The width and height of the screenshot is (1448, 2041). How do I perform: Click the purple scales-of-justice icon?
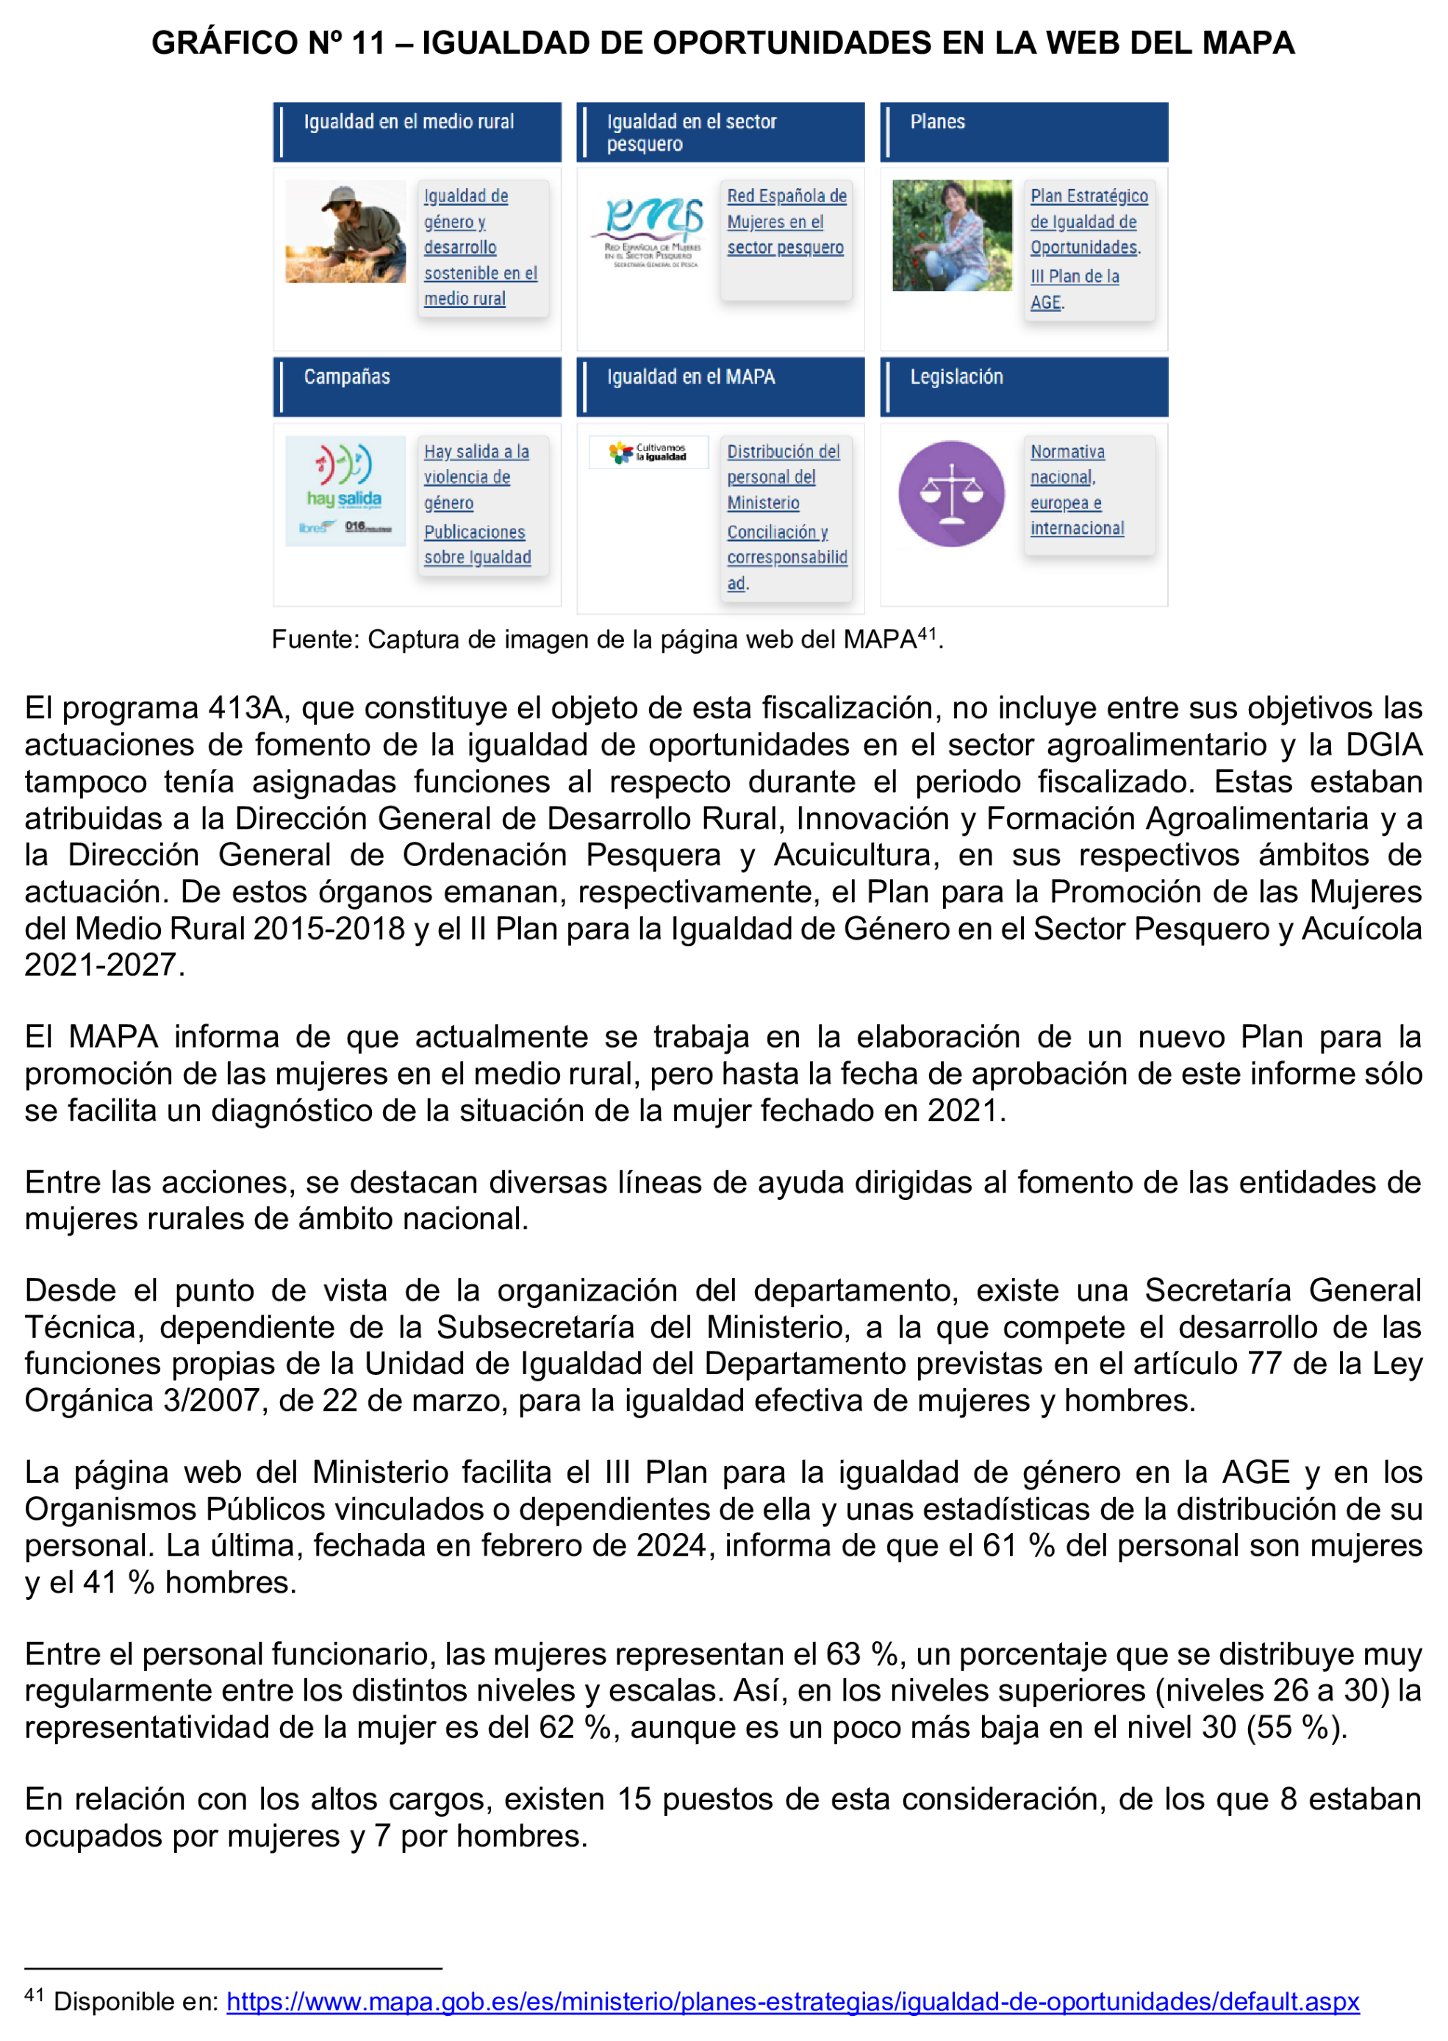click(x=950, y=493)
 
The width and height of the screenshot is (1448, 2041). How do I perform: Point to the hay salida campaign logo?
click(x=345, y=490)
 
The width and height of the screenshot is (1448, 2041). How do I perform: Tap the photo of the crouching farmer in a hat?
click(x=345, y=232)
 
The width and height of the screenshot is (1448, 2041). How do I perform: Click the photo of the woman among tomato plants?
click(x=951, y=235)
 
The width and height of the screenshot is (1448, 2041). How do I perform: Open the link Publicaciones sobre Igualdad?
click(x=476, y=545)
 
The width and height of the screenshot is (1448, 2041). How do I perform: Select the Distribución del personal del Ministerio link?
click(x=782, y=477)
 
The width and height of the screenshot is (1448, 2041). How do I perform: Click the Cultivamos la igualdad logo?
click(x=648, y=452)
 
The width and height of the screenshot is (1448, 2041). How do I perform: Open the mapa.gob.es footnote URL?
click(x=792, y=2002)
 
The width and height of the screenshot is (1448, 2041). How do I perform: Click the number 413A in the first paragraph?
click(x=245, y=708)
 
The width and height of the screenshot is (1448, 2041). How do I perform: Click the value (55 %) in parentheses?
click(x=1294, y=1727)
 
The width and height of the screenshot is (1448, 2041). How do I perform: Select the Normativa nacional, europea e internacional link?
click(x=1076, y=490)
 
